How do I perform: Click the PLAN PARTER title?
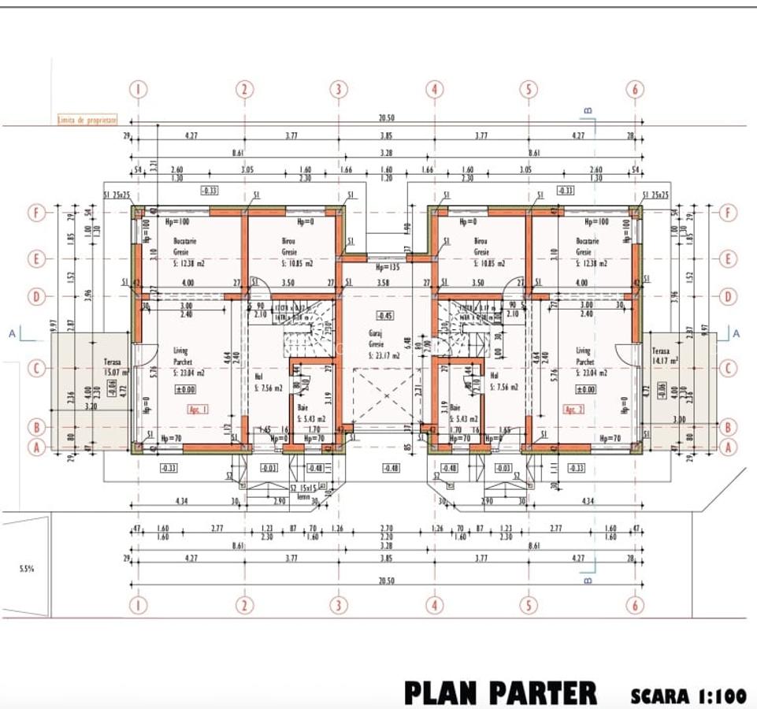(500, 692)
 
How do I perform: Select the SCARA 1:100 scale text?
(688, 696)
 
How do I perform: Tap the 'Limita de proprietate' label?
(87, 120)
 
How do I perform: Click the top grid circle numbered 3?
(339, 89)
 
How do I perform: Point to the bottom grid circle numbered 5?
(529, 604)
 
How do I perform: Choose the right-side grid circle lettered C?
(729, 368)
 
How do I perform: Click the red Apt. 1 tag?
(197, 409)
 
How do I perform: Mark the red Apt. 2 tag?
(573, 410)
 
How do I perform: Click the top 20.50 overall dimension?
(386, 118)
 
